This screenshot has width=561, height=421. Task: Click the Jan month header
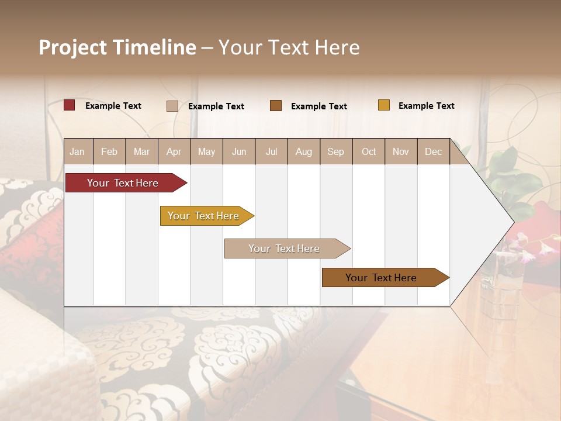tap(77, 151)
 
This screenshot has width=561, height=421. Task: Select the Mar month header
tap(141, 151)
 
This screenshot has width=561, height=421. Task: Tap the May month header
tap(206, 151)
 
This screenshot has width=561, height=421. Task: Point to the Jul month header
tap(271, 151)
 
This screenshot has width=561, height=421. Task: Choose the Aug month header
tap(303, 151)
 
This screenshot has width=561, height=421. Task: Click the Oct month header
tap(369, 151)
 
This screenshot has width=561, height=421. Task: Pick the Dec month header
tap(433, 151)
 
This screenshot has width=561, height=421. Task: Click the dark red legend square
tap(70, 105)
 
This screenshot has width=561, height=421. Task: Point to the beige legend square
tap(172, 106)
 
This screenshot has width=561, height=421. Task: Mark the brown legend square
tap(276, 106)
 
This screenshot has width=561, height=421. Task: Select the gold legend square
tap(384, 105)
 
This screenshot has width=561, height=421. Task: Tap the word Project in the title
tap(72, 47)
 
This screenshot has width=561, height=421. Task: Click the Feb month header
tap(109, 151)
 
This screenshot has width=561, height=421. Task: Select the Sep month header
tap(335, 151)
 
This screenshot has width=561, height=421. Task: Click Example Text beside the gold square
tap(426, 105)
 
